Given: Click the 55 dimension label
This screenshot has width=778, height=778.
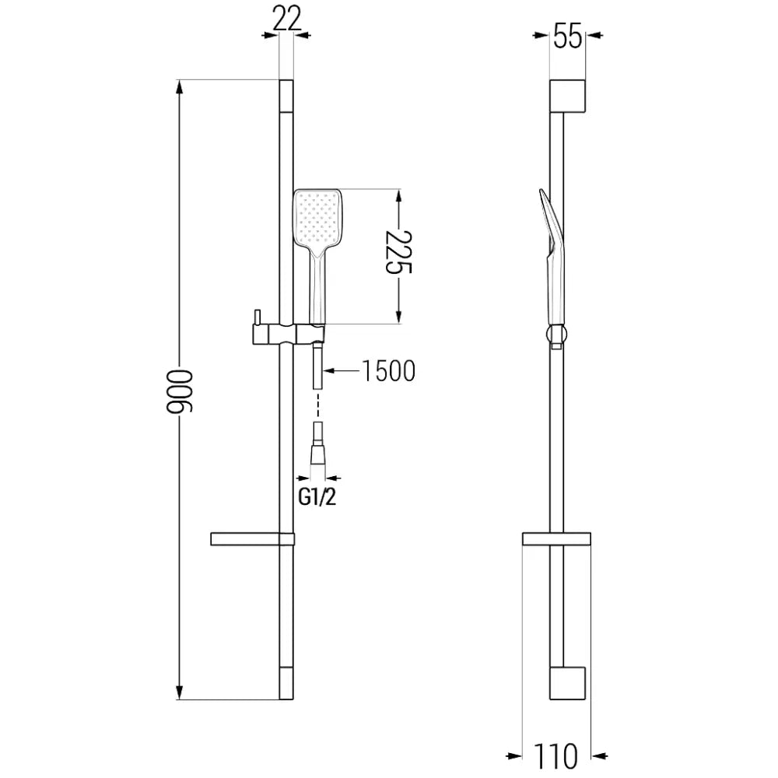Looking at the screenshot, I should pyautogui.click(x=568, y=36).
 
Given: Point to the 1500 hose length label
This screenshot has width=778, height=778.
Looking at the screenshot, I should pyautogui.click(x=387, y=372).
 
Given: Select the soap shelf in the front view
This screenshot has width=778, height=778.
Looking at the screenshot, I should pyautogui.click(x=251, y=538).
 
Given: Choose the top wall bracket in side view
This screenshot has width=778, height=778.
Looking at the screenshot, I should pyautogui.click(x=567, y=96).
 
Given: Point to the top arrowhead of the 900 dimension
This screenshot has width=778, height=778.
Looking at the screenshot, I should pyautogui.click(x=180, y=87).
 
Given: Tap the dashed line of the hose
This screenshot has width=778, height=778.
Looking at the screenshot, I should pyautogui.click(x=317, y=405).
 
